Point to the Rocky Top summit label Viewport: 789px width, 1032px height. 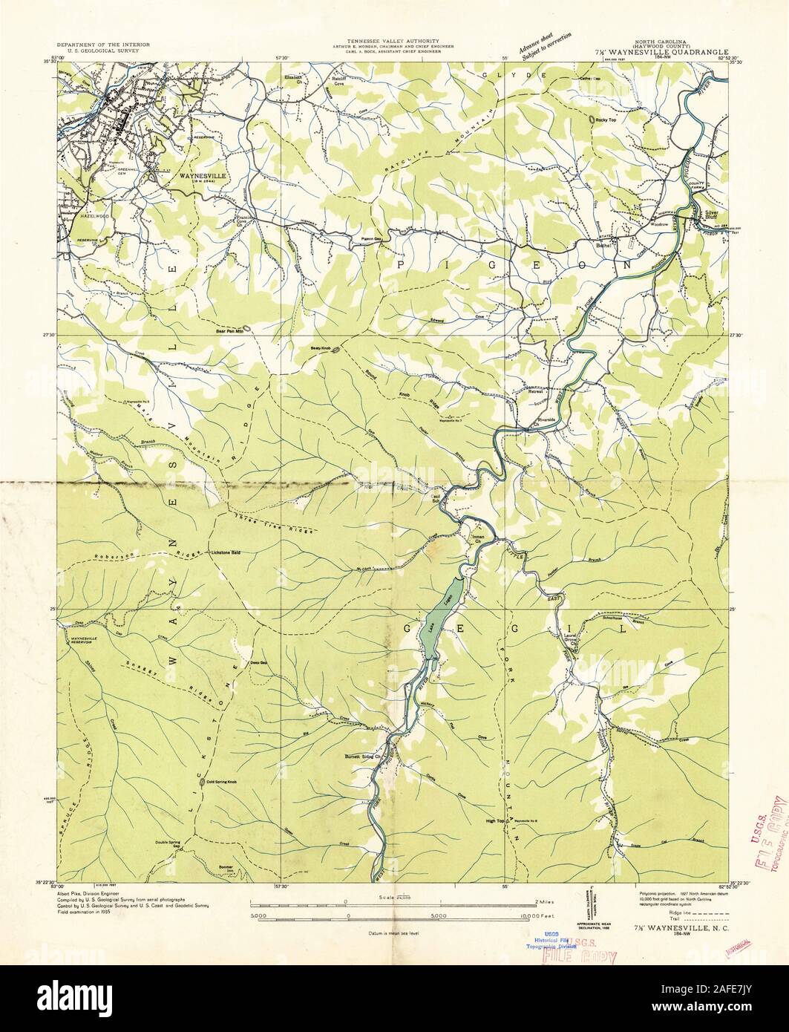click(606, 120)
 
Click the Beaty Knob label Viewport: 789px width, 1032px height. click(320, 347)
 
